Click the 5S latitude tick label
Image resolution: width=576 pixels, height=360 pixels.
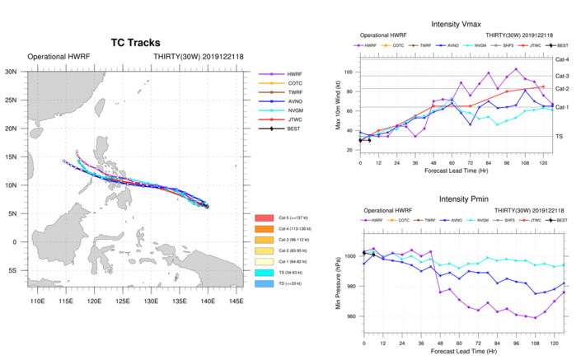tap(14, 270)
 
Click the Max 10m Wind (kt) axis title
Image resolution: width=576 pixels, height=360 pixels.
tap(336, 105)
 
